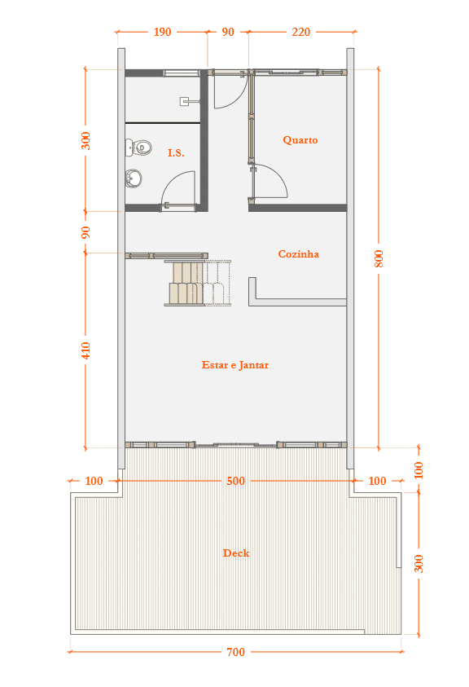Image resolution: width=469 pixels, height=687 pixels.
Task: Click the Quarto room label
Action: pos(300,140)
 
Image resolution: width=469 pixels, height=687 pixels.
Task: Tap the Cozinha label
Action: pos(298,254)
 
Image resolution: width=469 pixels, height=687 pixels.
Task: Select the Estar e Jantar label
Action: pos(235,365)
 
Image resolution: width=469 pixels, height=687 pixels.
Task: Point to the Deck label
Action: pos(236,553)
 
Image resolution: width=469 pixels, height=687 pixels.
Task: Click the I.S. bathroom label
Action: pos(176,153)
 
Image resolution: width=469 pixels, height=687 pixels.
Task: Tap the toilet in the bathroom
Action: pos(138,148)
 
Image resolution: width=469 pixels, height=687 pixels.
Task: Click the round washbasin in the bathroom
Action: pos(134,178)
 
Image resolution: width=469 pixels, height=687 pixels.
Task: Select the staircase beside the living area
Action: pos(198,283)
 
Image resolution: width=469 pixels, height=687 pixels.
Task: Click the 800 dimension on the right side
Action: pos(379,258)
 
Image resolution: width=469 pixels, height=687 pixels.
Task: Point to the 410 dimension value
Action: pos(85,350)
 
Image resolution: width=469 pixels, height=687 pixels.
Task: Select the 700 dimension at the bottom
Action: pos(235,652)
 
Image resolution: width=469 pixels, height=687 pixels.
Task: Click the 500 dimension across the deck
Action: pos(235,481)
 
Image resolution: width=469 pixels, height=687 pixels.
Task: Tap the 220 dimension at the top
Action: pos(300,32)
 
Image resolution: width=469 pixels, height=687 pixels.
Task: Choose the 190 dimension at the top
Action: pos(162,32)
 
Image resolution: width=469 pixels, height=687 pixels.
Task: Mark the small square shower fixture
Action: pos(184,101)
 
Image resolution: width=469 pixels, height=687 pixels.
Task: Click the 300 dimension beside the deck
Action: pos(419,563)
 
